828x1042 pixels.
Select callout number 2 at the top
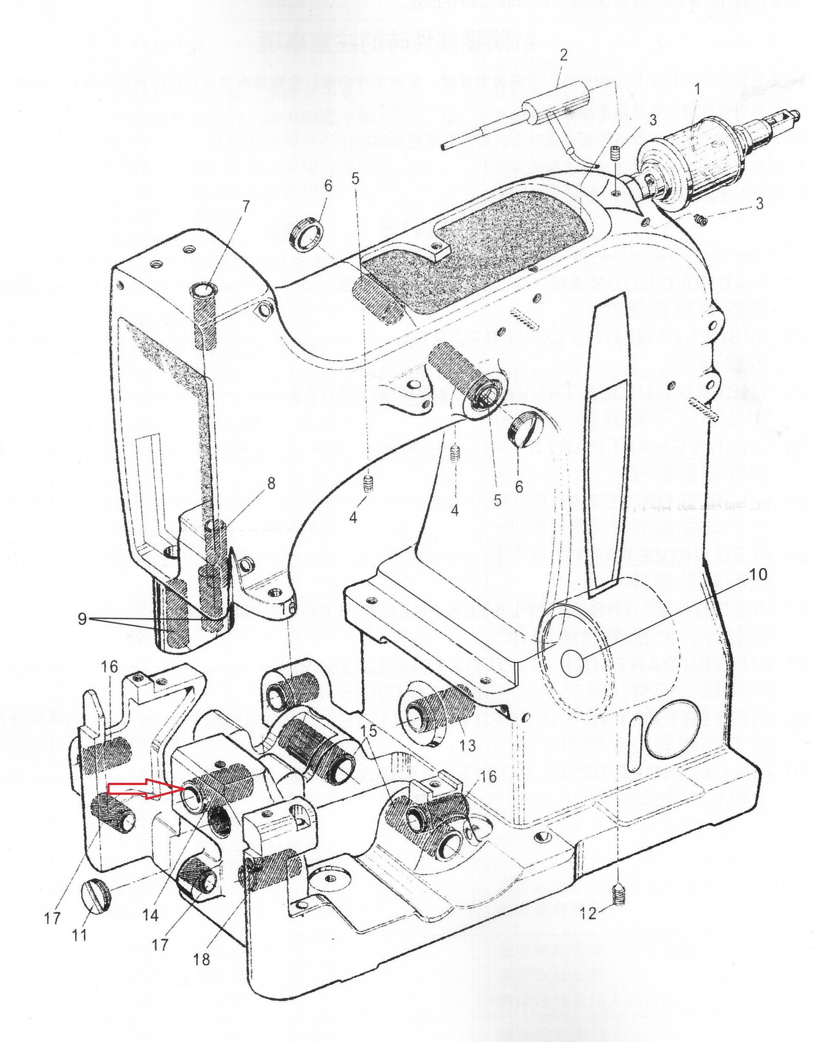click(563, 55)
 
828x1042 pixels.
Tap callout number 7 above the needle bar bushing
click(246, 206)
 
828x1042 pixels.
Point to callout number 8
click(271, 483)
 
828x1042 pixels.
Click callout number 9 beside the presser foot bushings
click(82, 618)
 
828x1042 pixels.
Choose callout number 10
click(758, 574)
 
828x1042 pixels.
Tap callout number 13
click(468, 745)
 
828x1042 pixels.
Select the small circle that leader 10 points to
click(572, 664)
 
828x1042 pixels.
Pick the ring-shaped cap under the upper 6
click(306, 235)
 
